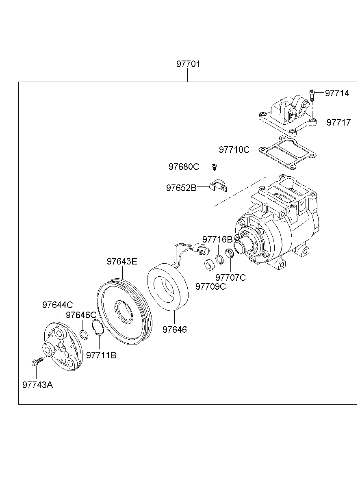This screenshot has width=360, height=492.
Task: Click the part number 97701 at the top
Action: click(x=188, y=64)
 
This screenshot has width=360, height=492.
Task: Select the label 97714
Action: click(x=337, y=93)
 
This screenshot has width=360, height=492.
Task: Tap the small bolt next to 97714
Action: click(x=312, y=95)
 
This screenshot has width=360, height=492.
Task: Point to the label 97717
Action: click(x=338, y=122)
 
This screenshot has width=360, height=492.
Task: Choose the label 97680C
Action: click(x=184, y=167)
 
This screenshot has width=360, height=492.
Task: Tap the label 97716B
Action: click(x=217, y=239)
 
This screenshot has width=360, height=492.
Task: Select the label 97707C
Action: click(x=230, y=277)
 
